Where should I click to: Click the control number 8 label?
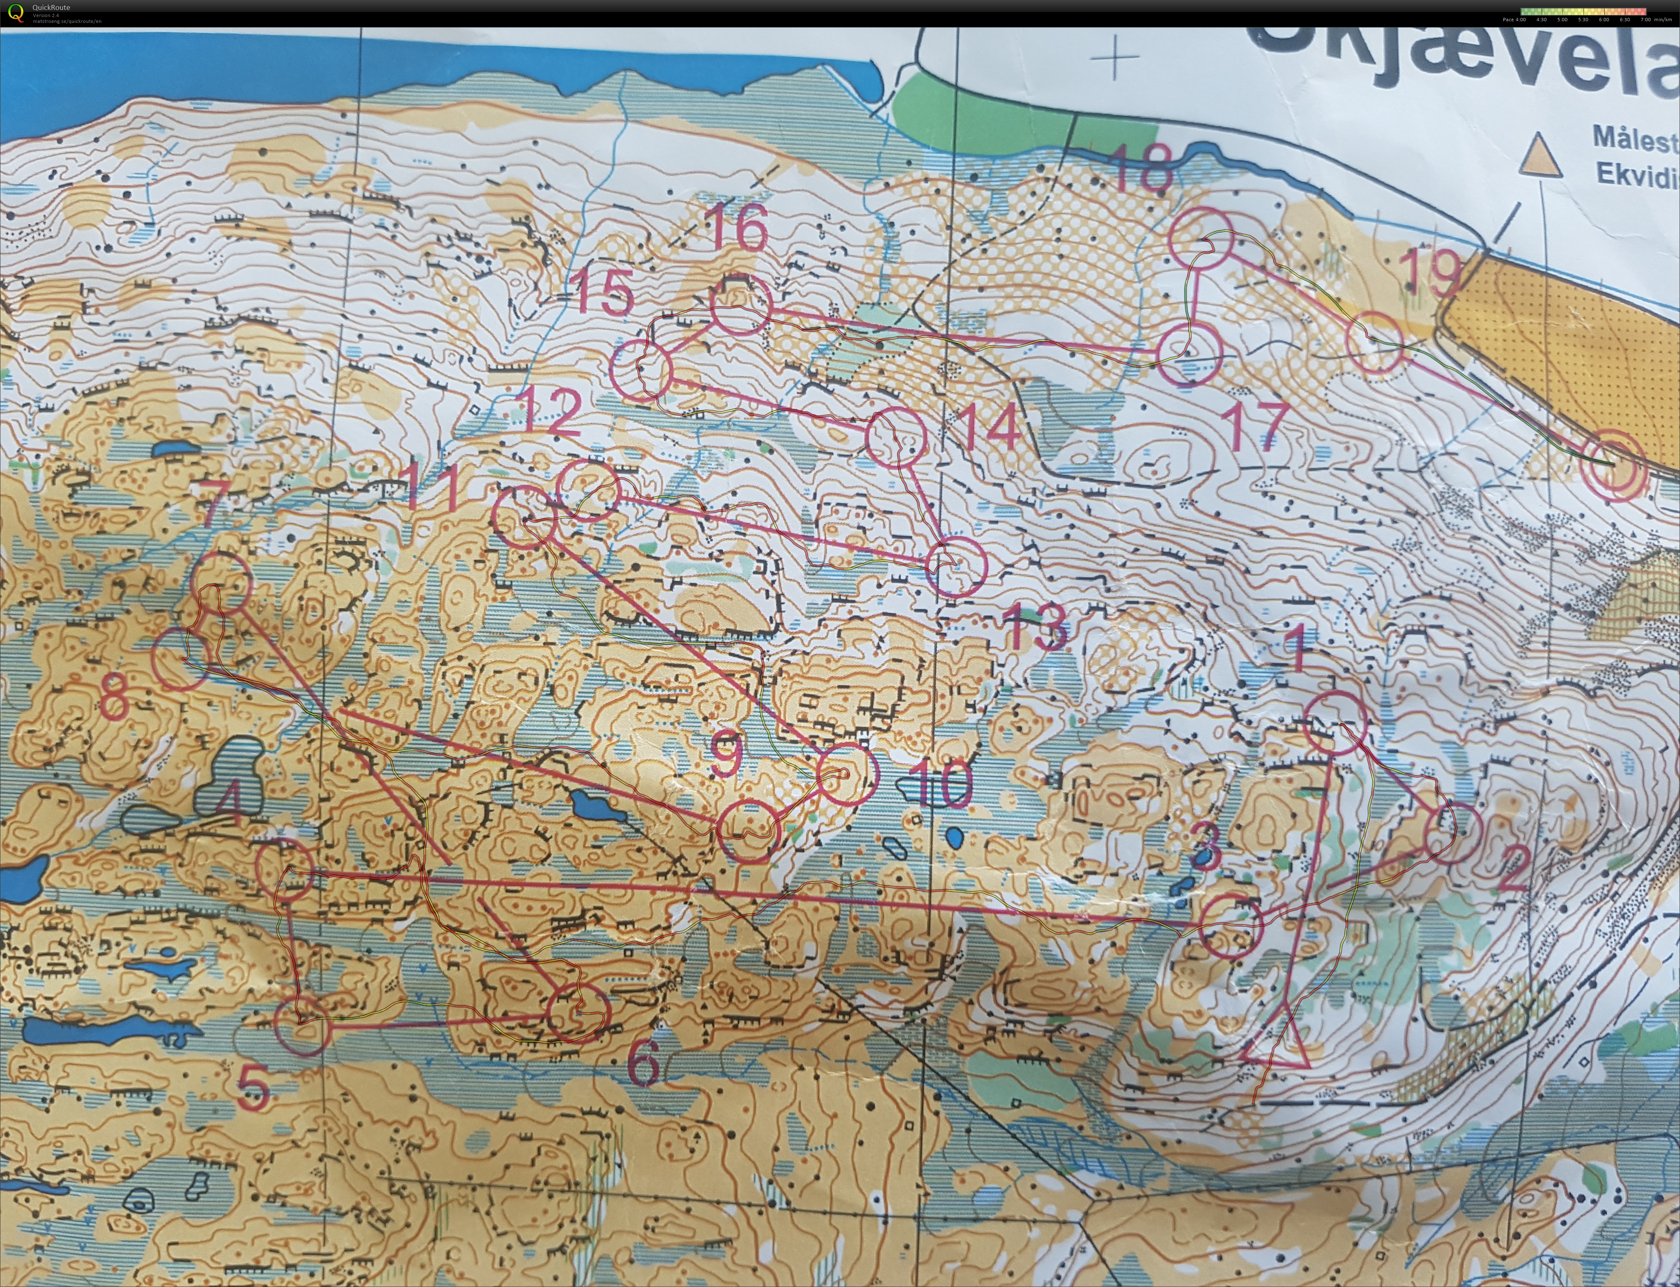point(115,697)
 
